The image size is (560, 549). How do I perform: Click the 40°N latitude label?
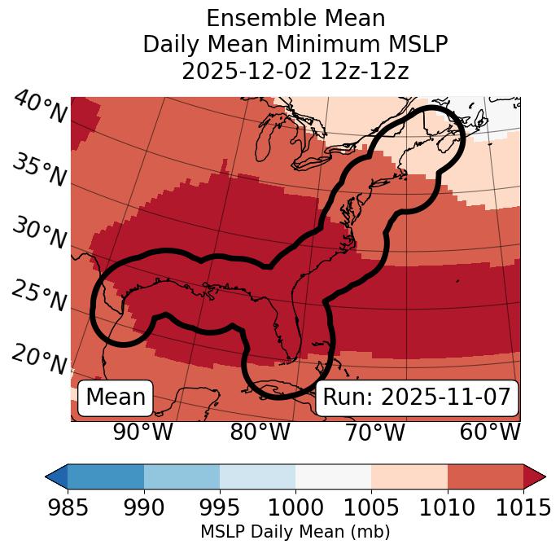40,108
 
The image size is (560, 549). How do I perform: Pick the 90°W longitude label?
142,432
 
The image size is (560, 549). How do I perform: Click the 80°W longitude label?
260,432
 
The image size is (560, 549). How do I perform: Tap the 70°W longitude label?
375,432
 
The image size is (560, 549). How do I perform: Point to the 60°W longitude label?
490,432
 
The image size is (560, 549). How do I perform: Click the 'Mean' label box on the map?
116,397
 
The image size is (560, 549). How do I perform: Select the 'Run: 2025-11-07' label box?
417,397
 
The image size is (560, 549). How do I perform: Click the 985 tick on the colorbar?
68,507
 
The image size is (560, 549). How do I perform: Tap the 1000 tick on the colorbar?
295,507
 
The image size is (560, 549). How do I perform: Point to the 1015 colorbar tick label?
523,507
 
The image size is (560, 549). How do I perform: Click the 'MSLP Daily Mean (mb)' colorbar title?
295,532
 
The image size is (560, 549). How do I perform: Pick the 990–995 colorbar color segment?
182,476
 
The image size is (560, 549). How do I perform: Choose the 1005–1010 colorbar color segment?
409,476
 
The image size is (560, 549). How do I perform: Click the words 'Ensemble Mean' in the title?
295,18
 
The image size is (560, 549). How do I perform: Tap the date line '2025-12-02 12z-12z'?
295,71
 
